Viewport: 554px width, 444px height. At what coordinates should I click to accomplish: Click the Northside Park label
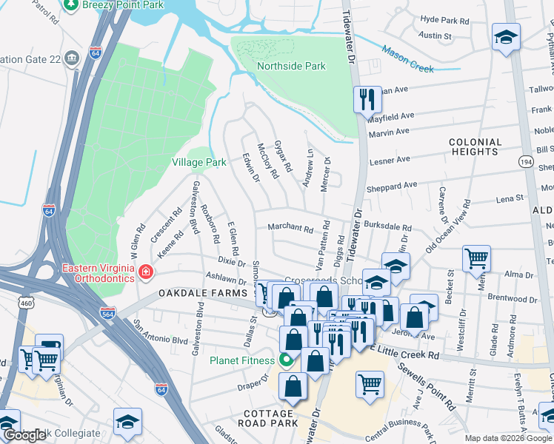coord(291,66)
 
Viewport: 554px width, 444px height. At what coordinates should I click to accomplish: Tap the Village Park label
coord(198,162)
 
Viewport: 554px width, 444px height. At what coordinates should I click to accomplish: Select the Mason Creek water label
coord(407,59)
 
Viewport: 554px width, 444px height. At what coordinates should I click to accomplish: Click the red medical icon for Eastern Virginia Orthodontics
coord(147,273)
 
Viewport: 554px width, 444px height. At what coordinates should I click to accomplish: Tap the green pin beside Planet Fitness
coord(286,360)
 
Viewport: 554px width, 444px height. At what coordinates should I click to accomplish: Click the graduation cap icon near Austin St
coord(506,38)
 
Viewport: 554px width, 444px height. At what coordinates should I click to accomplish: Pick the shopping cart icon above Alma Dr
coord(475,258)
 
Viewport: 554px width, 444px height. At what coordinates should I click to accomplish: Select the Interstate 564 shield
coord(108,313)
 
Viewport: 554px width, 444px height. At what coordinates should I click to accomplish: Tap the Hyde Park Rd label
coord(445,21)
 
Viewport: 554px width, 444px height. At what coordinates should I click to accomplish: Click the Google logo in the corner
coord(24,435)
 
